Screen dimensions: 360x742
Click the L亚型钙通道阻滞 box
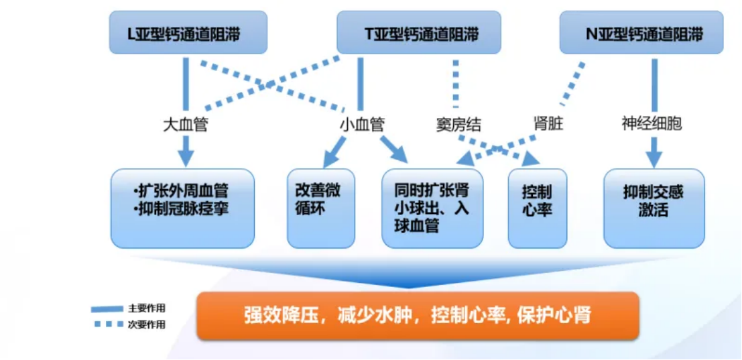[188, 33]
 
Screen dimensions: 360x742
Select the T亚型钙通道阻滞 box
[418, 33]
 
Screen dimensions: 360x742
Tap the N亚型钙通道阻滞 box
[641, 33]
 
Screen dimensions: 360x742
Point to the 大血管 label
[185, 125]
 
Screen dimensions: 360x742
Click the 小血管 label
[362, 125]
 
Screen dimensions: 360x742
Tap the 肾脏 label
[548, 125]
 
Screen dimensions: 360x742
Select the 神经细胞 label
[652, 125]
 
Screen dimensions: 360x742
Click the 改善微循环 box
[321, 208]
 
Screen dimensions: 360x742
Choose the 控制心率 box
[538, 208]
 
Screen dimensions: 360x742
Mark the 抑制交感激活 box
[654, 208]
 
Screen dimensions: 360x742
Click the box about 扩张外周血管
[183, 208]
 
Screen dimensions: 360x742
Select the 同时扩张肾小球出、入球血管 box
[432, 208]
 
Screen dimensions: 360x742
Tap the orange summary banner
[418, 315]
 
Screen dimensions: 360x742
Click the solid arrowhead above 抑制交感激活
[654, 160]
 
